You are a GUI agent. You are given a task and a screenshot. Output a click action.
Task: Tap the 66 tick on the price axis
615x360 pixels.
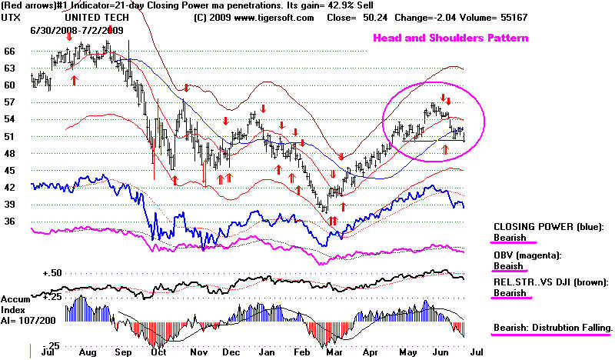pos(10,51)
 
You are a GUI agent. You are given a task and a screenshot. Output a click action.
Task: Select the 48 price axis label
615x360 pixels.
pos(10,153)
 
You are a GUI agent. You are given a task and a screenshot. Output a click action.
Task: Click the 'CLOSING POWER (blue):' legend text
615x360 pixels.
pos(547,228)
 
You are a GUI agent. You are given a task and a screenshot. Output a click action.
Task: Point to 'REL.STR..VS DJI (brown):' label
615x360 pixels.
pos(550,282)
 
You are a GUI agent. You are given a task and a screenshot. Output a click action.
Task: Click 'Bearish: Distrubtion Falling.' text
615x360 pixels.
pos(553,327)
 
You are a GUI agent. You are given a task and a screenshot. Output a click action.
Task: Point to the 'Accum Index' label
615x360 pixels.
pos(15,305)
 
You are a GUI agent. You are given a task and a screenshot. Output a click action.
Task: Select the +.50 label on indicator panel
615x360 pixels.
pos(29,273)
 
